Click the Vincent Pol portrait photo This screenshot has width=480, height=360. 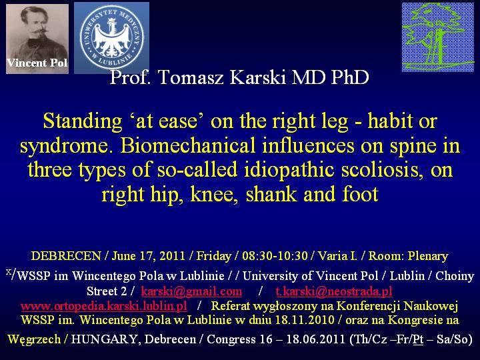(37, 39)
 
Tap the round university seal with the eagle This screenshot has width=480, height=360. (111, 38)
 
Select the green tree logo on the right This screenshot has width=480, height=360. (438, 37)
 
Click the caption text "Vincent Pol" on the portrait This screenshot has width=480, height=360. (37, 63)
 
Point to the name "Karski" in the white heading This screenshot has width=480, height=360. (258, 77)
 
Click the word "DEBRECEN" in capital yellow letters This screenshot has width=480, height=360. (66, 255)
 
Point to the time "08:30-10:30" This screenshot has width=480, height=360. (275, 255)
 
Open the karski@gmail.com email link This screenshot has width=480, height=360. (191, 291)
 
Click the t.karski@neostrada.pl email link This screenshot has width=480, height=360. (334, 291)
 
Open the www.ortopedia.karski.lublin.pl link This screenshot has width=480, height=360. (104, 306)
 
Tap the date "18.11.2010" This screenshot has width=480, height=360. (305, 320)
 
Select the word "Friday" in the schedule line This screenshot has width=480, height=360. (214, 256)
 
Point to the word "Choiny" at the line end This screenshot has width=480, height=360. (455, 276)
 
